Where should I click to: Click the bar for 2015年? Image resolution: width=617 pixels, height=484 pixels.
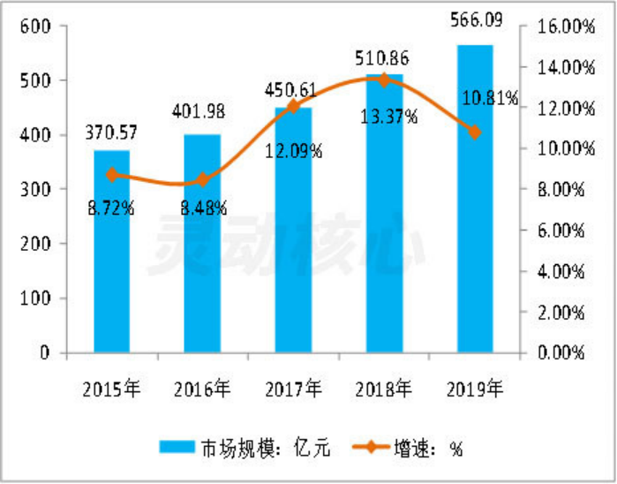[112, 252]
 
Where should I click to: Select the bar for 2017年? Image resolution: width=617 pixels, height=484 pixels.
[293, 230]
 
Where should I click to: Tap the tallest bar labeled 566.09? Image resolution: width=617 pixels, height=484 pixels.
[474, 199]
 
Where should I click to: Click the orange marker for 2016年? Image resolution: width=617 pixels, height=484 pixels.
[202, 179]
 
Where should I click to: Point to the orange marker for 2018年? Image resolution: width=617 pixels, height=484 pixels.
[383, 79]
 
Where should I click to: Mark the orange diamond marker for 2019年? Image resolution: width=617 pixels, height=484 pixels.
[474, 132]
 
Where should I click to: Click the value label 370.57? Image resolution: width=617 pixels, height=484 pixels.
[111, 134]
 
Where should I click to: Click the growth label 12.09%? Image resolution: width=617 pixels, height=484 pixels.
[293, 150]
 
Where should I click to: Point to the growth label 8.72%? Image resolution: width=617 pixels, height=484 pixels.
[110, 208]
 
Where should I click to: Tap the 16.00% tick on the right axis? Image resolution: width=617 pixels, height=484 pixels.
[559, 26]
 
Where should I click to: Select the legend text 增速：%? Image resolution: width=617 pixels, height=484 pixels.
[428, 448]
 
